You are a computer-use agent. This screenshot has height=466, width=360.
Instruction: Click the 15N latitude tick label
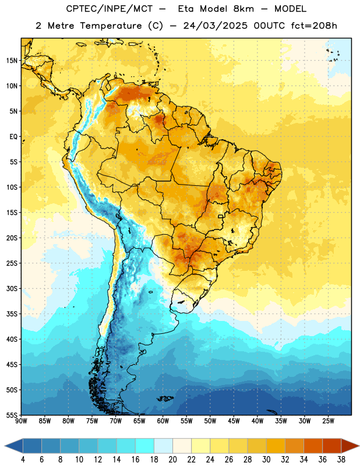[x=12, y=61]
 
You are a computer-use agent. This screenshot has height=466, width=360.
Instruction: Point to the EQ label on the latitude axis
[x=13, y=137]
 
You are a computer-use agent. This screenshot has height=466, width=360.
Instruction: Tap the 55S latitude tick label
[x=12, y=415]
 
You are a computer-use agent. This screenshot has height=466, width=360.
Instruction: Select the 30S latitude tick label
[x=12, y=288]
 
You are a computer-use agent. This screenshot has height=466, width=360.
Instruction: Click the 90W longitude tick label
[x=21, y=421]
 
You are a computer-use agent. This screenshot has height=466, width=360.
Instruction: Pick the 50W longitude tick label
[x=210, y=421]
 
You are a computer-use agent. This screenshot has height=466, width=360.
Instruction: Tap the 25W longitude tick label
[x=328, y=421]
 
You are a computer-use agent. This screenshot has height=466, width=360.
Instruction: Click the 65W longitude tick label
[x=139, y=421]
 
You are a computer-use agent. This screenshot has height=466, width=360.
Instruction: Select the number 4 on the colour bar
[x=23, y=460]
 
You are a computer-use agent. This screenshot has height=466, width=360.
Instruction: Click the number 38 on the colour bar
[x=341, y=460]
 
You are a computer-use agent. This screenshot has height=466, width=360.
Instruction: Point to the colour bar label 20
[x=172, y=460]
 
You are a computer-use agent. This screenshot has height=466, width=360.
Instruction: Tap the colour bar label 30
[x=266, y=460]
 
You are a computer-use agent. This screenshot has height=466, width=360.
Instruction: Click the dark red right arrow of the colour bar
[x=350, y=446]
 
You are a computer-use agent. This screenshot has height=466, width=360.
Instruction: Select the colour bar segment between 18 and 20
[x=164, y=446]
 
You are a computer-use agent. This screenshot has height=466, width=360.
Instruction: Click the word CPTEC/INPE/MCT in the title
[x=110, y=9]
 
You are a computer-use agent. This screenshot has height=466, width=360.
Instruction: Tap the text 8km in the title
[x=243, y=9]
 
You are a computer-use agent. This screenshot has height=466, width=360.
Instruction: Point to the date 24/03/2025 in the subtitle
[x=215, y=26]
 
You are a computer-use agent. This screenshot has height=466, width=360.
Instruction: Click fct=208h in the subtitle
[x=314, y=26]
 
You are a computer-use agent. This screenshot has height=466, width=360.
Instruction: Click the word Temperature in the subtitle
[x=111, y=26]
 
